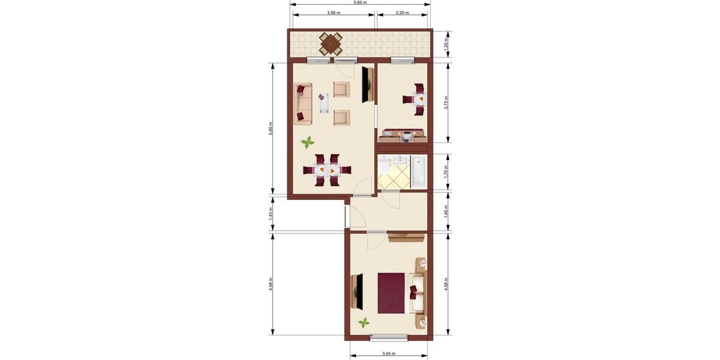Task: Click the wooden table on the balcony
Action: click(330, 44)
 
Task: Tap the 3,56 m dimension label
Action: click(334, 13)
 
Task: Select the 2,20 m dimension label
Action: click(402, 13)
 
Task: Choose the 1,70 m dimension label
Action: click(446, 172)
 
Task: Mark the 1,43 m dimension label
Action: click(271, 213)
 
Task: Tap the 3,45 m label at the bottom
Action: click(388, 353)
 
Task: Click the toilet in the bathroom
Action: click(384, 165)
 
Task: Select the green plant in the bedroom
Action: click(364, 323)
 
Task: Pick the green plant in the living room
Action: click(307, 142)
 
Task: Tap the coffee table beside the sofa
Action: click(324, 103)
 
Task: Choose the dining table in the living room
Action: click(324, 170)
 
